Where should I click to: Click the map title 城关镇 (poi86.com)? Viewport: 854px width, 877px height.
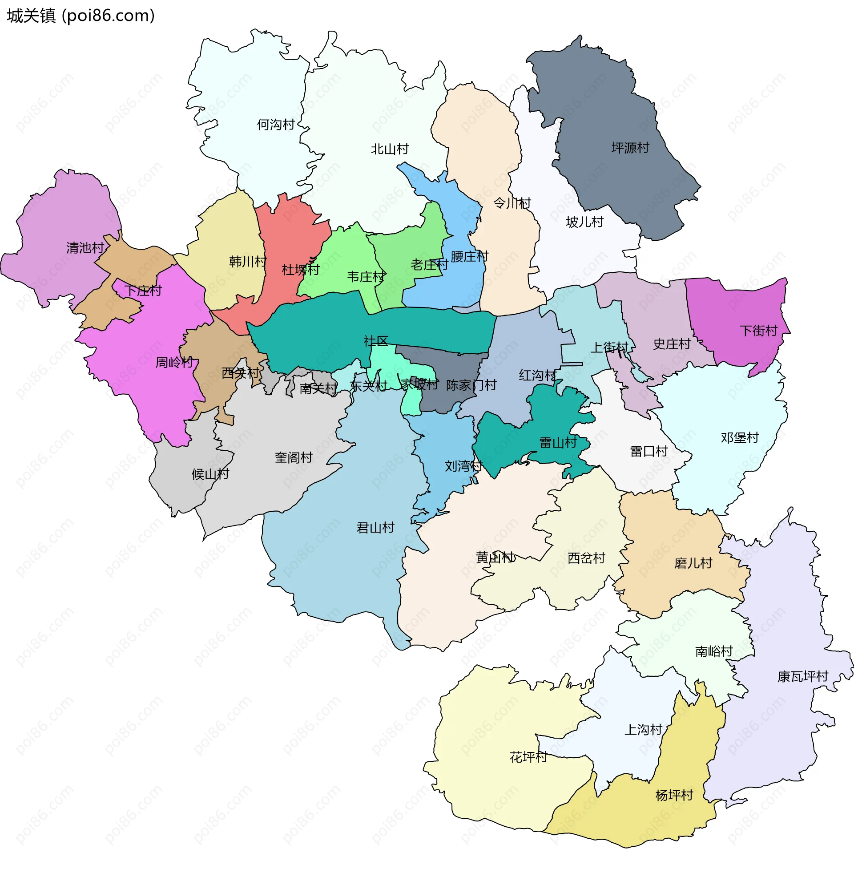pyautogui.click(x=81, y=16)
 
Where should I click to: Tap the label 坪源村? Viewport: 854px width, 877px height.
pyautogui.click(x=630, y=148)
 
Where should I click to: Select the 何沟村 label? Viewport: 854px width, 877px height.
pyautogui.click(x=275, y=124)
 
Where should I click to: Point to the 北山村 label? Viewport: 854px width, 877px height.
pyautogui.click(x=389, y=149)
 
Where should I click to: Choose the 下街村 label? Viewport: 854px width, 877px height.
pyautogui.click(x=758, y=331)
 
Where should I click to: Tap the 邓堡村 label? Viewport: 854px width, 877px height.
pyautogui.click(x=740, y=437)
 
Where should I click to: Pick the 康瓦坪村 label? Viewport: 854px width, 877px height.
pyautogui.click(x=802, y=676)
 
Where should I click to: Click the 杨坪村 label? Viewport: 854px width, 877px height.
pyautogui.click(x=674, y=795)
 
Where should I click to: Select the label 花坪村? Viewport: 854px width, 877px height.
pyautogui.click(x=528, y=757)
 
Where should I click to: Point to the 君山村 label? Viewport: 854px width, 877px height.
pyautogui.click(x=375, y=527)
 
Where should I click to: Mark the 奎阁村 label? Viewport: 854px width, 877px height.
pyautogui.click(x=293, y=457)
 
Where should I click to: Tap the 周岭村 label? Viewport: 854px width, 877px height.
pyautogui.click(x=174, y=362)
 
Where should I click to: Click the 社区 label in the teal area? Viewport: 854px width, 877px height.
pyautogui.click(x=376, y=341)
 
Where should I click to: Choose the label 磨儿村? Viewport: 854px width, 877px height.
pyautogui.click(x=693, y=563)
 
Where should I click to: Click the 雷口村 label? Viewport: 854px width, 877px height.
pyautogui.click(x=649, y=451)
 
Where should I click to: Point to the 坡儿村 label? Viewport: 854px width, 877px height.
pyautogui.click(x=584, y=222)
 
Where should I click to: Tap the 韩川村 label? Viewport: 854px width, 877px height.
pyautogui.click(x=248, y=261)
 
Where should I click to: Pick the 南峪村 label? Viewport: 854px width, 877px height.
pyautogui.click(x=713, y=651)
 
